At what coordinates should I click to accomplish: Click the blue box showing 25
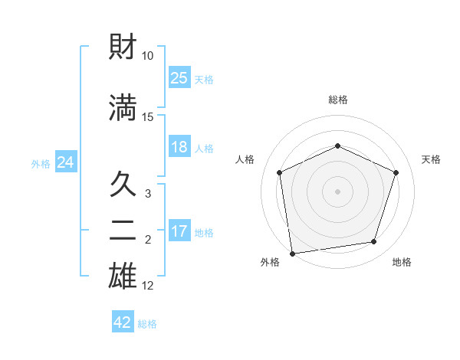179,78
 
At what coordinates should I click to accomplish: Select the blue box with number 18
179,147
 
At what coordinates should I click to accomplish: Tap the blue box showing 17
179,231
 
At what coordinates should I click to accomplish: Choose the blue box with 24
65,162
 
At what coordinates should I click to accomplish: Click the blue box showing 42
123,322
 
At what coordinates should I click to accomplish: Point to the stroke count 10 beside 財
148,56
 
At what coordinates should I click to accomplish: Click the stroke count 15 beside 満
148,116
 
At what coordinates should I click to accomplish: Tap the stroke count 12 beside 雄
148,286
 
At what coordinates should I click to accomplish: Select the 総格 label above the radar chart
337,100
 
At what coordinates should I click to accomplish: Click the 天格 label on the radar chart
431,159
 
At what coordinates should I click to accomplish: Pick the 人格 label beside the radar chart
245,159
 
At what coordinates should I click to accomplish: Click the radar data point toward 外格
292,252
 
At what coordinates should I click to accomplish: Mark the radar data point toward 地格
374,242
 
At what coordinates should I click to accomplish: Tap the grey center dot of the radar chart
337,191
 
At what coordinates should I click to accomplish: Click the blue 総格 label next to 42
147,324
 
